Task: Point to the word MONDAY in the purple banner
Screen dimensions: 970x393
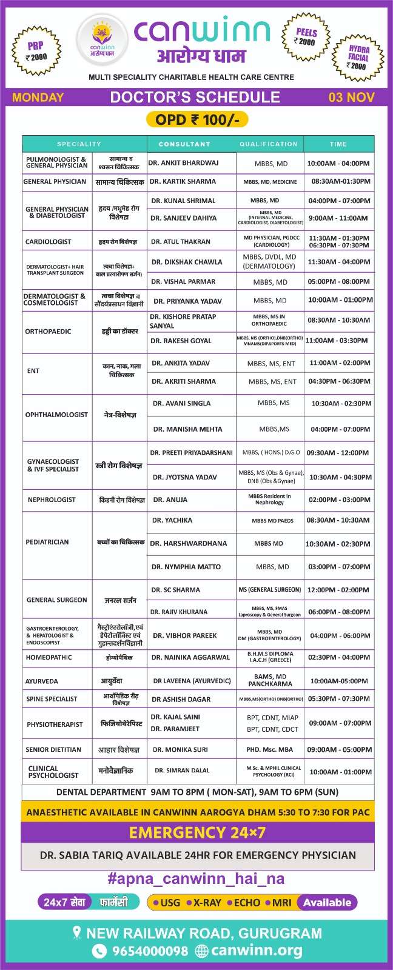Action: tap(38, 97)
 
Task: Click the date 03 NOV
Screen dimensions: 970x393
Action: tap(351, 97)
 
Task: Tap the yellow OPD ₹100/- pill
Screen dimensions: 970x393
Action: tap(197, 119)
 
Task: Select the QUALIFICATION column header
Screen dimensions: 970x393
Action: tap(268, 144)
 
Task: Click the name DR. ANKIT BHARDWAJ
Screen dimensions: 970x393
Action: tap(184, 163)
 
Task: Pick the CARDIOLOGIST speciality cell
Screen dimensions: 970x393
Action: tap(49, 242)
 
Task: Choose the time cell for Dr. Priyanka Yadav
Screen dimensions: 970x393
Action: tap(340, 300)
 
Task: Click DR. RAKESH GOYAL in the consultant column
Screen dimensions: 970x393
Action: tap(181, 341)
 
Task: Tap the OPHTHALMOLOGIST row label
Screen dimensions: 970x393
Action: tap(56, 415)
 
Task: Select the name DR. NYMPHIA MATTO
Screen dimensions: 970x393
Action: tap(186, 567)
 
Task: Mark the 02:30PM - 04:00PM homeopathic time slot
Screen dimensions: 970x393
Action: tap(339, 657)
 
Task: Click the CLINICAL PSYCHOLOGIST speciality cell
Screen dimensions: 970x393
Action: tap(53, 772)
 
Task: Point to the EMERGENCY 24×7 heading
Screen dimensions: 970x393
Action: tap(197, 832)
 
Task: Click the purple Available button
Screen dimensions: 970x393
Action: tap(327, 903)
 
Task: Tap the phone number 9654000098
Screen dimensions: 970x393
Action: tap(150, 951)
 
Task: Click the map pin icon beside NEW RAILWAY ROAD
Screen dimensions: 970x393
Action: tap(77, 933)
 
